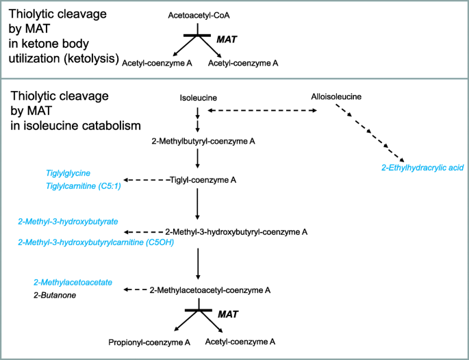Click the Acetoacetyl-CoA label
click(197, 13)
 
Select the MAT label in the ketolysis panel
click(227, 40)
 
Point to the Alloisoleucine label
click(340, 97)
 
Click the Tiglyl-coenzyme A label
click(203, 180)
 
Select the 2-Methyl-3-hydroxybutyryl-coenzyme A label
click(236, 232)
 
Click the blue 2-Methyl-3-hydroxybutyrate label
click(68, 222)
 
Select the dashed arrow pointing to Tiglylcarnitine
click(144, 181)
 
